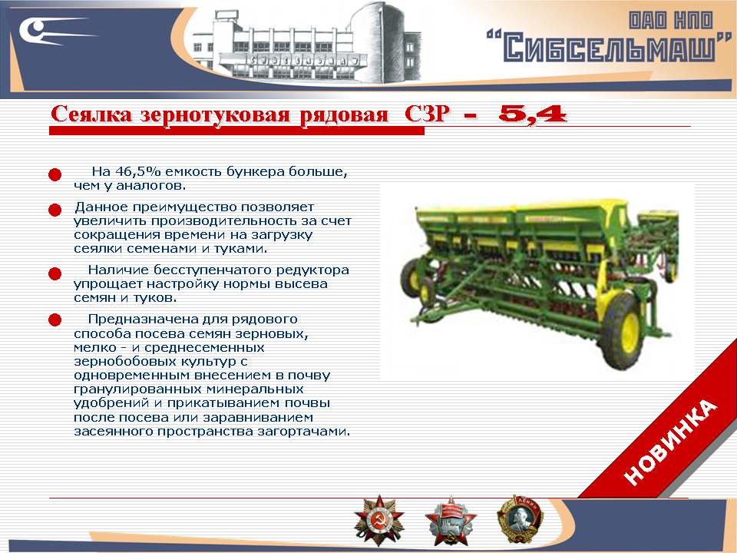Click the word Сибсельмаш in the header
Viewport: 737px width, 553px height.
[x=610, y=48]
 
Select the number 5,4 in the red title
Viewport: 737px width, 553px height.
[x=532, y=114]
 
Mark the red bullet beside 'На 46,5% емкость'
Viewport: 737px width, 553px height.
[x=55, y=176]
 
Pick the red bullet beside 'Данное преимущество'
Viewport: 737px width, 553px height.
[x=55, y=210]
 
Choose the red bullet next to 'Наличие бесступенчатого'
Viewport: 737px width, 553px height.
[x=55, y=273]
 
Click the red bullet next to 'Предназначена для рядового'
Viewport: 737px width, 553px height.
[x=55, y=320]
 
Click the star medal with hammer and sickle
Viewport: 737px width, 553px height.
[x=378, y=518]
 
